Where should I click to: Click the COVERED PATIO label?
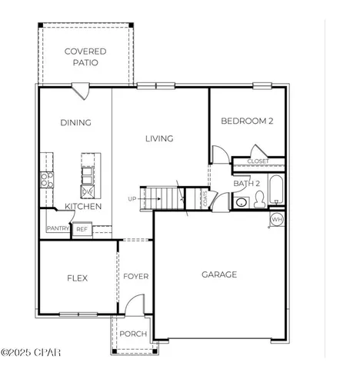coord(85,57)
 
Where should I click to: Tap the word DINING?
coord(75,122)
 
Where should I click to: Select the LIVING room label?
coord(160,138)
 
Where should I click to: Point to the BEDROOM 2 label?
coord(248,121)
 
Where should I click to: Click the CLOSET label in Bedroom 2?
coord(258,161)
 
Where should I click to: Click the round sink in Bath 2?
coord(241,203)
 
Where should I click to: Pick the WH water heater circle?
coord(277,220)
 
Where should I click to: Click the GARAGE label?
coord(219,274)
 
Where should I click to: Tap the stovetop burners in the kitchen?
coord(47,180)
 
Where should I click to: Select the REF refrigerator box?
coord(82,228)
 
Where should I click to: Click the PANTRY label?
coord(58,228)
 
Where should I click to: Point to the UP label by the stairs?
coord(132,199)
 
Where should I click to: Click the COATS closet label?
coord(205,198)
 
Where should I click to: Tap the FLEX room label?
coord(76,278)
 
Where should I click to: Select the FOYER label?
coord(136,276)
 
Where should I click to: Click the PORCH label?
coord(133,334)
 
